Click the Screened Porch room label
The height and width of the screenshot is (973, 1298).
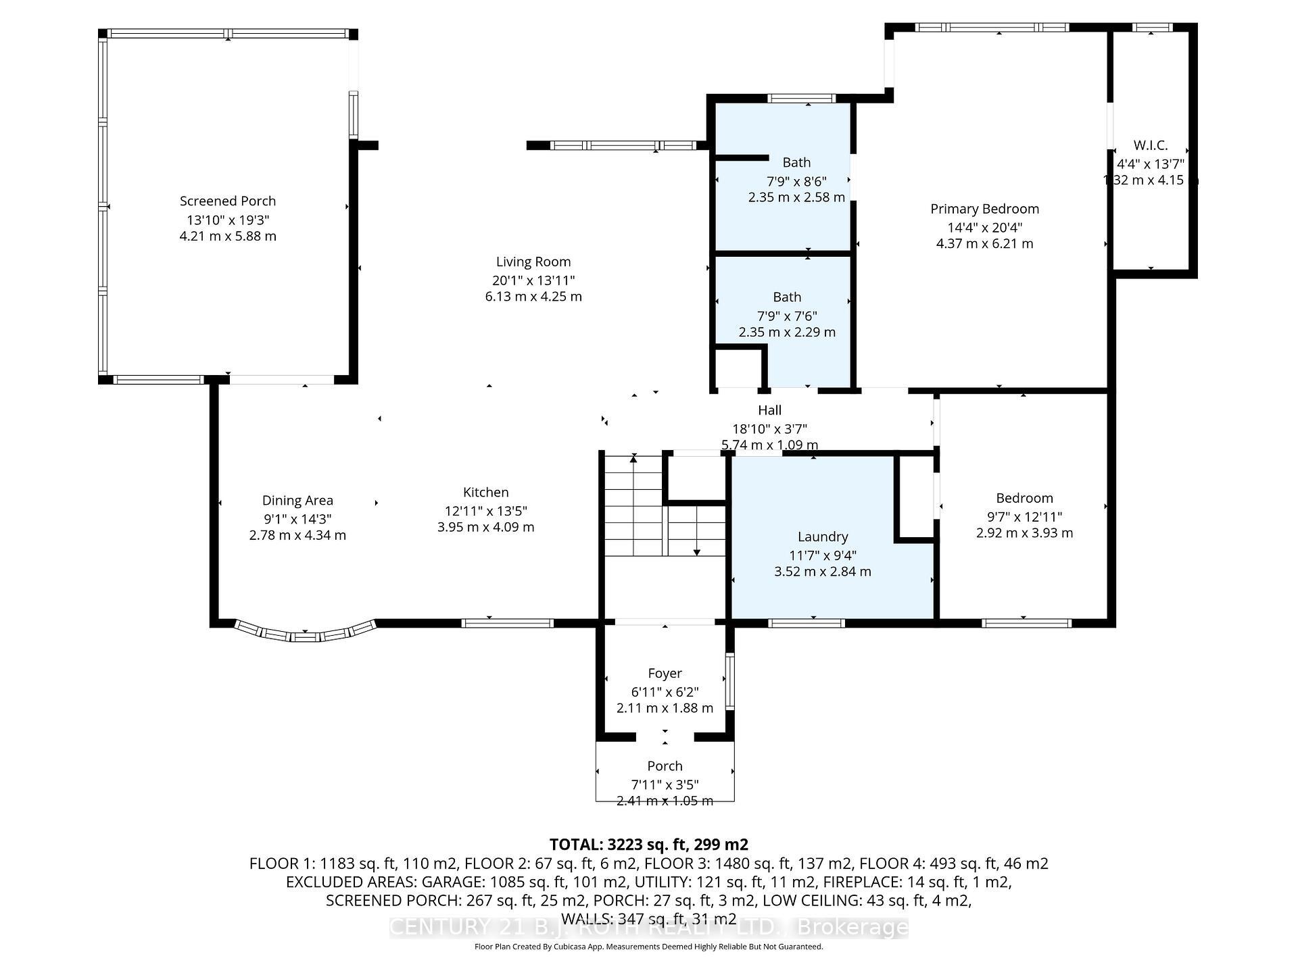(x=228, y=201)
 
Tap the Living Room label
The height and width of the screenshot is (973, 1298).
(x=533, y=261)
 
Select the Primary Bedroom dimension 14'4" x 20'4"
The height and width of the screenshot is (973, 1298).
(x=984, y=228)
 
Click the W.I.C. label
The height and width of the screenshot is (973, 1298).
(x=1150, y=145)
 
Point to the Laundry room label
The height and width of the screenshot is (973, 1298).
(x=822, y=537)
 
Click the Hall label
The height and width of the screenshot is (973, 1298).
(x=769, y=410)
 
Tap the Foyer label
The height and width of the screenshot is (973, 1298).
(x=665, y=673)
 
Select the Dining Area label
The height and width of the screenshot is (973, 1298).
(x=297, y=500)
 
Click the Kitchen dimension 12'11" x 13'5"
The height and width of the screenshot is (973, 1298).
(x=485, y=511)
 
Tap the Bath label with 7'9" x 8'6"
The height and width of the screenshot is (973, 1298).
(x=796, y=162)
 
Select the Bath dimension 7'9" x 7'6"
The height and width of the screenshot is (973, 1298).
(x=787, y=316)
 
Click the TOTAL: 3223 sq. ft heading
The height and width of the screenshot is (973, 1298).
(x=648, y=844)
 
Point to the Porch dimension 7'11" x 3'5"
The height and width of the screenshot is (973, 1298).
(x=665, y=784)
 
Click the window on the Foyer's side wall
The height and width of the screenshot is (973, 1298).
(x=729, y=680)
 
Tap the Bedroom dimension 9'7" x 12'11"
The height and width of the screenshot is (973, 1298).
(x=1024, y=516)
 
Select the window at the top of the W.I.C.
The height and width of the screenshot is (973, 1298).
(x=1152, y=28)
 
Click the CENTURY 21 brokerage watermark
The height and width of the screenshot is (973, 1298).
(x=648, y=928)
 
